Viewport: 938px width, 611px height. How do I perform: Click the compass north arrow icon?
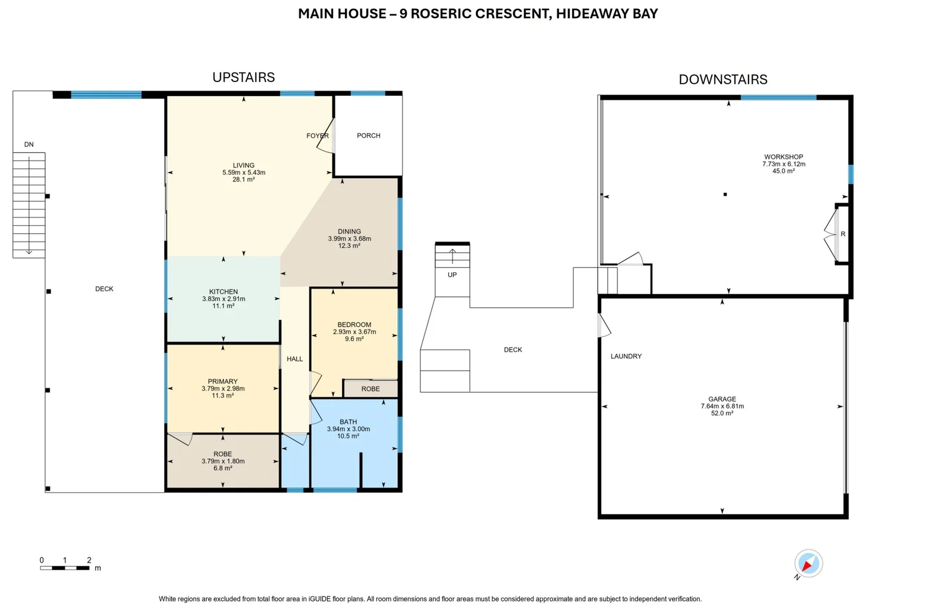pos(808,563)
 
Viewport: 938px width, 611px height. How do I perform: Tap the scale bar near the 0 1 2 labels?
pos(64,567)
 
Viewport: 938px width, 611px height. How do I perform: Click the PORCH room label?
pos(368,136)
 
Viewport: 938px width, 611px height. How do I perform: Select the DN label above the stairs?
pos(29,145)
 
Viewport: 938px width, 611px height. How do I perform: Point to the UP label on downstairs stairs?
pos(452,275)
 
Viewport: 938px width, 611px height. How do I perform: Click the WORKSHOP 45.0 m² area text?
pos(784,171)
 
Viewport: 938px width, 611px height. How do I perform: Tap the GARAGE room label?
pos(722,399)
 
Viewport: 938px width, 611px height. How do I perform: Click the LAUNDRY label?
pos(626,356)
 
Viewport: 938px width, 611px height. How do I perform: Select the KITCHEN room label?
pos(223,292)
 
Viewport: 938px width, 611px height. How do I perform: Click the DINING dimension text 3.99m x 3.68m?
pos(349,239)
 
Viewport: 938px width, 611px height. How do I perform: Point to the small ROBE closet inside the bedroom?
pos(371,389)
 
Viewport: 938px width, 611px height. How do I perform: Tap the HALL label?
pos(295,359)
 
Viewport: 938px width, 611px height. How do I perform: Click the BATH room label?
pos(348,422)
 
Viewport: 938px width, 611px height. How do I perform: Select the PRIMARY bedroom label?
pos(222,381)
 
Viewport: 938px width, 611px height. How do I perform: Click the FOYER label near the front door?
pos(317,136)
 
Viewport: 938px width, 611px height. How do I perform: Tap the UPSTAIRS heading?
pos(243,78)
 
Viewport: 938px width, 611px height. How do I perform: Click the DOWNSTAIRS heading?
pos(722,80)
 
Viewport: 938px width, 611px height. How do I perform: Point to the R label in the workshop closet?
pos(842,234)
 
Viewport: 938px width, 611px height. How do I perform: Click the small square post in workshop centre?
pos(725,195)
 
